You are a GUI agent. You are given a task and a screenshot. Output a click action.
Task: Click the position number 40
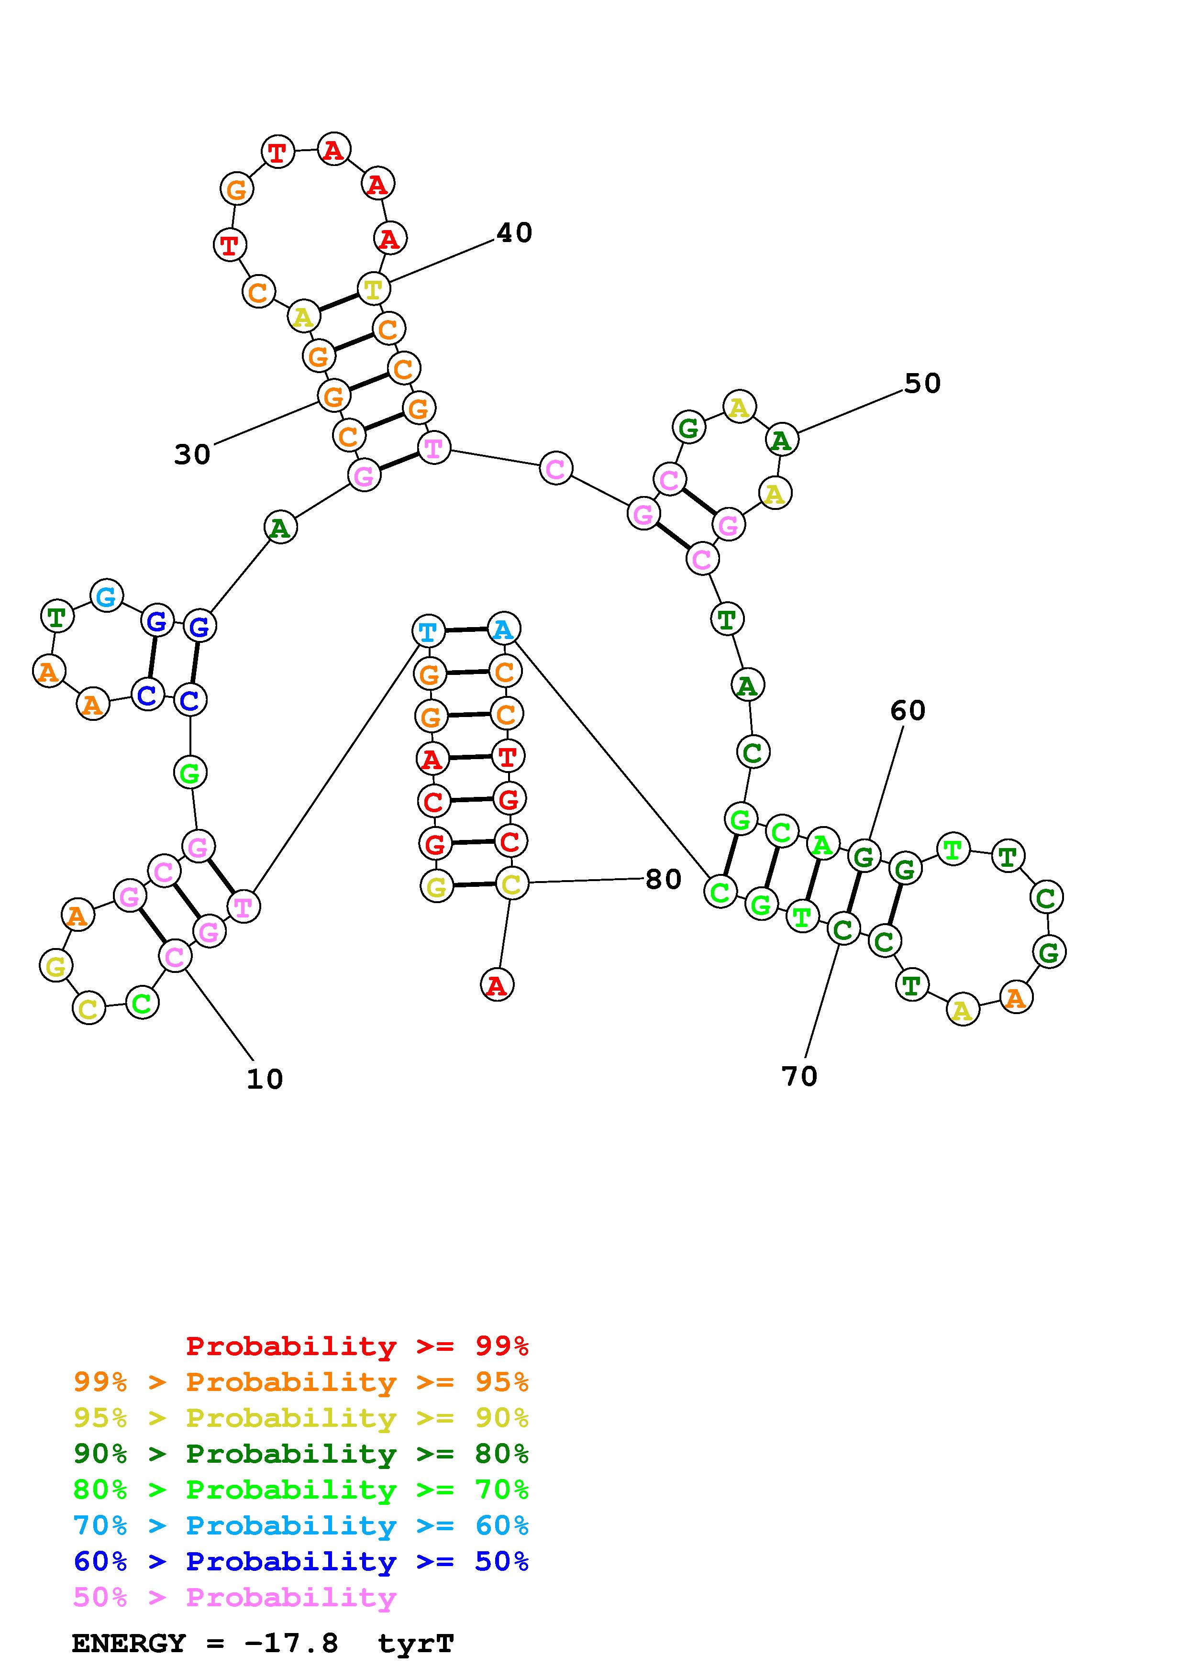pyautogui.click(x=514, y=233)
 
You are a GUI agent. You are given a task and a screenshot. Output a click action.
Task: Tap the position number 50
pyautogui.click(x=922, y=384)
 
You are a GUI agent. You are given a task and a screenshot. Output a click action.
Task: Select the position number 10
pyautogui.click(x=265, y=1080)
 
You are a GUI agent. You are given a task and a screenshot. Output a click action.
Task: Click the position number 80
pyautogui.click(x=664, y=879)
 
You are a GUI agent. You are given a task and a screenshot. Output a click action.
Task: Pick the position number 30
pyautogui.click(x=192, y=454)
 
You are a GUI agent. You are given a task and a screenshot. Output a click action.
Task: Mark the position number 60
pyautogui.click(x=908, y=710)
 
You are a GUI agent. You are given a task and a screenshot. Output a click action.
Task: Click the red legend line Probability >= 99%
pyautogui.click(x=356, y=1346)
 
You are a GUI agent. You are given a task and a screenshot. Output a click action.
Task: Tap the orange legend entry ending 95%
pyautogui.click(x=301, y=1382)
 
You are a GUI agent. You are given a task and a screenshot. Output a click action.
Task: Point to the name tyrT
pyautogui.click(x=416, y=1643)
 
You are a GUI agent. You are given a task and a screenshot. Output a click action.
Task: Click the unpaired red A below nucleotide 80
pyautogui.click(x=497, y=985)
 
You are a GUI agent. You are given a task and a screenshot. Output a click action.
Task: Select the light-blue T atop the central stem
pyautogui.click(x=428, y=631)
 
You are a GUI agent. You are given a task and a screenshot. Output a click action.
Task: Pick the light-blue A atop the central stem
pyautogui.click(x=503, y=629)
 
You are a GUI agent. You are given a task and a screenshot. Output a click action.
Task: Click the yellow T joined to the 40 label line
pyautogui.click(x=373, y=289)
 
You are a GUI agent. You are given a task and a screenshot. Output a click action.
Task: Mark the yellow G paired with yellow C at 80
pyautogui.click(x=436, y=887)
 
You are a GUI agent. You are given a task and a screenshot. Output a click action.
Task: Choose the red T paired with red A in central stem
pyautogui.click(x=507, y=756)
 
